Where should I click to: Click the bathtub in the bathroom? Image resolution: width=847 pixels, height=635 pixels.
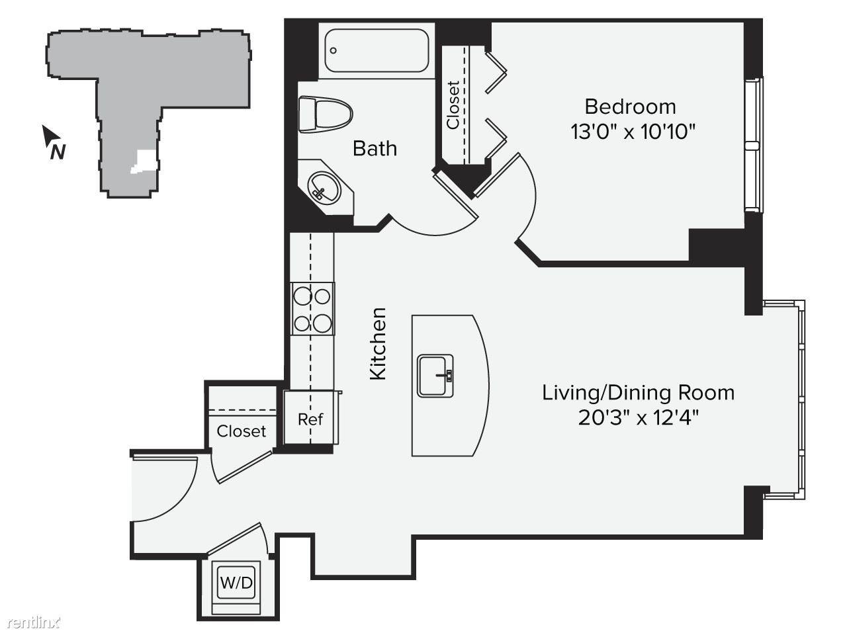377,50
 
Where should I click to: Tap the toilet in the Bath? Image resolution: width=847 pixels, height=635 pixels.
326,115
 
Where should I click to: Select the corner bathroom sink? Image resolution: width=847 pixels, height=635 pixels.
326,187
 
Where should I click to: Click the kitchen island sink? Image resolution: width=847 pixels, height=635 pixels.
435,376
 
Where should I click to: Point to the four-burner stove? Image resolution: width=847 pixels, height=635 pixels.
312,308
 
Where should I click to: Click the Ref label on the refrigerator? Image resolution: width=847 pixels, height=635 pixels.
310,419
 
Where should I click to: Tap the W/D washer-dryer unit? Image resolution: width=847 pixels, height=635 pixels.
236,583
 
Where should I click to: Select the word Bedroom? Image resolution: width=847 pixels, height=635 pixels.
630,106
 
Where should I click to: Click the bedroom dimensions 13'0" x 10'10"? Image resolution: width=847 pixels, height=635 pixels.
633,132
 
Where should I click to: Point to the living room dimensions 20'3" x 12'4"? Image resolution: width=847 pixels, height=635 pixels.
639,417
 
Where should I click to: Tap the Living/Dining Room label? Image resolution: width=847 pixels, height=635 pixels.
639,393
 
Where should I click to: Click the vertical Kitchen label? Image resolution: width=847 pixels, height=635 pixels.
378,343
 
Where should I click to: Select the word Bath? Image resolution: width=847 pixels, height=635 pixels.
375,148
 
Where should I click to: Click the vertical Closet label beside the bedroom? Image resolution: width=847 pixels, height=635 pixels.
453,105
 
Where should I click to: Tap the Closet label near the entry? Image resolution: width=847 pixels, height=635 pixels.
241,431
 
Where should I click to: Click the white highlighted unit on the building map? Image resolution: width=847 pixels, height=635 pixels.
144,161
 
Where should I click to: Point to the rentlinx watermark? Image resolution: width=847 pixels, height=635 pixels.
34,622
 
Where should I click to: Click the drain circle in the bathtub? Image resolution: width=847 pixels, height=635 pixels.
334,50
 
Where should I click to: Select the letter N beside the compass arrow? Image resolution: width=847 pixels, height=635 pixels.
58,151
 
